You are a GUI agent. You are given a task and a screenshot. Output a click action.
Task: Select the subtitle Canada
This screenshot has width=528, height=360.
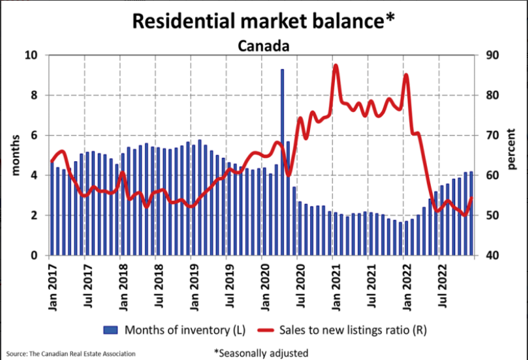click(x=263, y=46)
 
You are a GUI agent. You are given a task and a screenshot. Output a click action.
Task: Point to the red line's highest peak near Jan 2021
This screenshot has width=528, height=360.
click(x=336, y=66)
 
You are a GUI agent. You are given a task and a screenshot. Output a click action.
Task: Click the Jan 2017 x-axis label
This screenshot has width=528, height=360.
click(x=53, y=285)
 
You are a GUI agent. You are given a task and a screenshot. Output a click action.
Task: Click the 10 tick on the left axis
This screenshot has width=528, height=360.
click(x=32, y=56)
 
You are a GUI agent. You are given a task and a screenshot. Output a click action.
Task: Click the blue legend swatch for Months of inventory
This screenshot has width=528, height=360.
click(x=111, y=330)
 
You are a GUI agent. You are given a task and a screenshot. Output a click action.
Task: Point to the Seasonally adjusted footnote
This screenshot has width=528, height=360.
click(x=261, y=352)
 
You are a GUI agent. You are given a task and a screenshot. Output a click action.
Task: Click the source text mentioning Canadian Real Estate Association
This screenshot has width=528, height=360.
click(x=71, y=354)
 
